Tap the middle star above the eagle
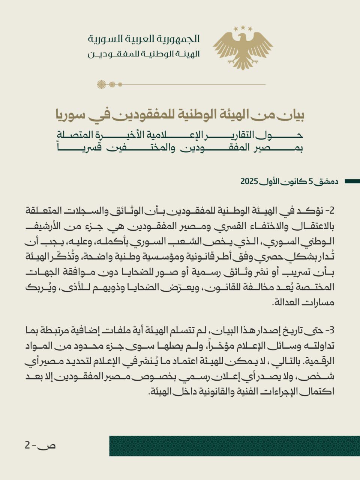point(243,27)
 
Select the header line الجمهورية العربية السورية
point(144,39)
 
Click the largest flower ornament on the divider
point(101,84)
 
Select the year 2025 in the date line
point(249,181)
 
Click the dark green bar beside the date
point(352,181)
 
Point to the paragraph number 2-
point(329,211)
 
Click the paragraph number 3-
point(329,330)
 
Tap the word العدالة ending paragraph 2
point(284,303)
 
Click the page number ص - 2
point(40,445)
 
